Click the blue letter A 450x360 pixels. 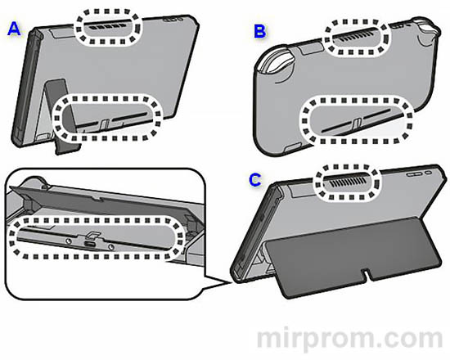pyautogui.click(x=14, y=30)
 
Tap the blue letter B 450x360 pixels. pyautogui.click(x=260, y=32)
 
